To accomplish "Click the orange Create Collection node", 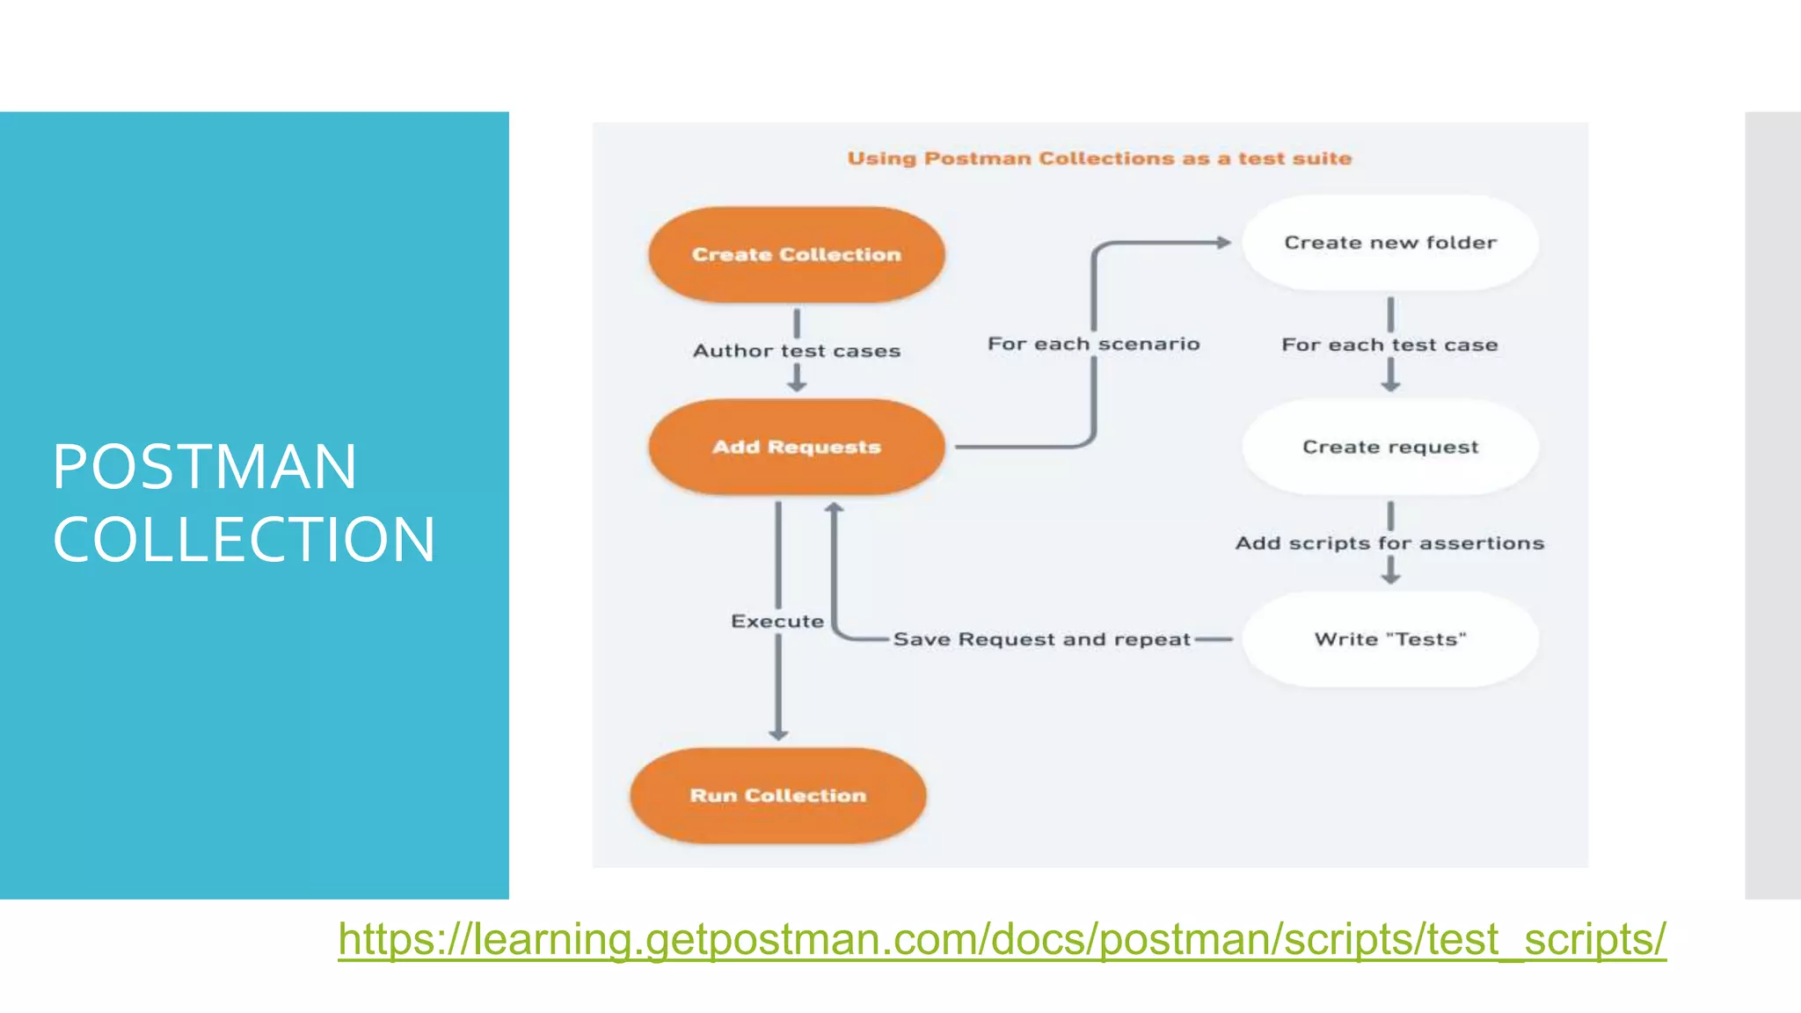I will pyautogui.click(x=797, y=255).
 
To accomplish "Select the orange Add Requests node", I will pyautogui.click(x=797, y=447).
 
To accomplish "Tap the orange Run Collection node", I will pyautogui.click(x=778, y=796).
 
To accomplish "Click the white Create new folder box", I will pyautogui.click(x=1389, y=243).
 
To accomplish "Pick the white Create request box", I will pyautogui.click(x=1389, y=447).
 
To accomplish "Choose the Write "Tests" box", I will pyautogui.click(x=1389, y=639).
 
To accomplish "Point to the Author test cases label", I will pyautogui.click(x=797, y=351).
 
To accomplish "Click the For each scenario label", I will pyautogui.click(x=1093, y=344).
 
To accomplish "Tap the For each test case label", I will pyautogui.click(x=1389, y=345).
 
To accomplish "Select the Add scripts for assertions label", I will pyautogui.click(x=1389, y=543).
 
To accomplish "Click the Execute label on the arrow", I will pyautogui.click(x=777, y=622).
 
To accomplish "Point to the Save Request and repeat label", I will pyautogui.click(x=1041, y=639).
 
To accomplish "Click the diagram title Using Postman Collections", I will pyautogui.click(x=1099, y=159).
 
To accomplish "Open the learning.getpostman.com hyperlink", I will pyautogui.click(x=1002, y=939).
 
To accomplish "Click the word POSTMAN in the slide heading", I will pyautogui.click(x=205, y=466).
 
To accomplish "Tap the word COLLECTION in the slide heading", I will pyautogui.click(x=244, y=539).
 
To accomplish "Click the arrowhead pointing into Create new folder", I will pyautogui.click(x=1223, y=242).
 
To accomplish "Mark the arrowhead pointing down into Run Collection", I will pyautogui.click(x=778, y=733).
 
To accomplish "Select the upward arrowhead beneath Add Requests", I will pyautogui.click(x=834, y=507).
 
